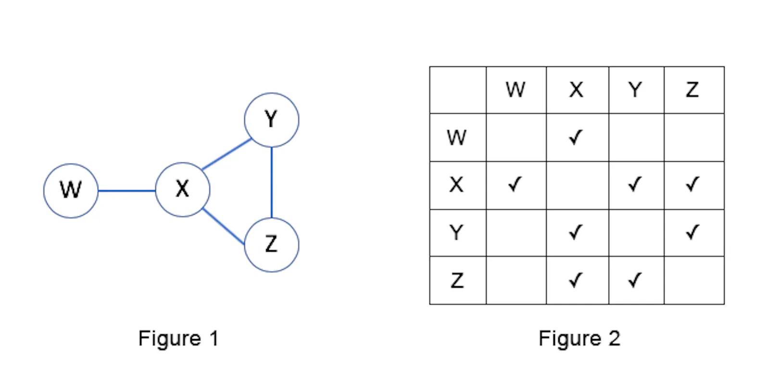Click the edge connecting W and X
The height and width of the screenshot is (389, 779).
tap(127, 191)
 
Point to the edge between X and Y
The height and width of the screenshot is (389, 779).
tap(227, 154)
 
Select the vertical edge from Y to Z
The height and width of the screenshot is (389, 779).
tap(272, 182)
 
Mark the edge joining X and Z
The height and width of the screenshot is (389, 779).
tap(224, 227)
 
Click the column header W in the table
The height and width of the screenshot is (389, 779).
tap(515, 90)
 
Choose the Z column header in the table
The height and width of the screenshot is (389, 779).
tap(692, 90)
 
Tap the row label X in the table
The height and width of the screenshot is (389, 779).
tap(456, 185)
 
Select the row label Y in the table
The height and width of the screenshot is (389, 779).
tap(456, 232)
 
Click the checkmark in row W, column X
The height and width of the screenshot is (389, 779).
tap(576, 137)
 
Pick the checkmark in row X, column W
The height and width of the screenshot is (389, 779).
tap(515, 184)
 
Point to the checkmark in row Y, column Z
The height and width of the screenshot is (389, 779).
tap(692, 232)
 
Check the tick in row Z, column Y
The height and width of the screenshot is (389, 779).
tap(635, 280)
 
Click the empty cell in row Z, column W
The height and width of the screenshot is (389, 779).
tap(516, 280)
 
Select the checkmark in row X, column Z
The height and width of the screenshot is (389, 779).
tap(692, 184)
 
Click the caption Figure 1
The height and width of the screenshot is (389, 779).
tap(179, 338)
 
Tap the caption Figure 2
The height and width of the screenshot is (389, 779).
tap(579, 338)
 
